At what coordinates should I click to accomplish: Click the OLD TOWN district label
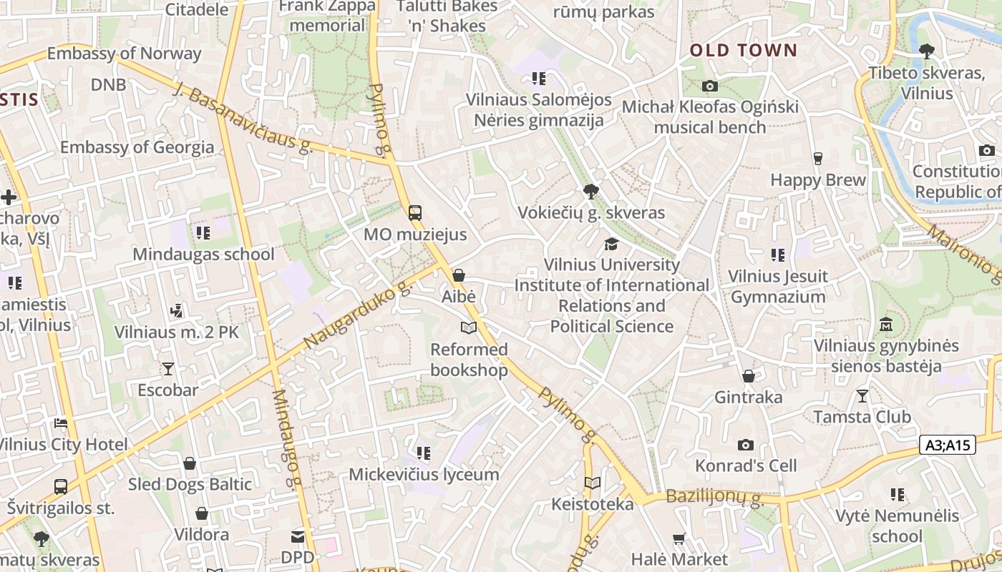click(743, 50)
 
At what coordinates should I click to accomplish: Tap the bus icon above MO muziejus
click(415, 212)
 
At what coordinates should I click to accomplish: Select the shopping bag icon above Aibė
click(459, 275)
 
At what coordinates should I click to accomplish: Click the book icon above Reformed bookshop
click(469, 328)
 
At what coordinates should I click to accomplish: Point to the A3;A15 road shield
click(947, 445)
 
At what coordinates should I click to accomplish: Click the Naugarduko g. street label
click(359, 315)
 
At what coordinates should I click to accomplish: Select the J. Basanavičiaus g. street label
click(243, 117)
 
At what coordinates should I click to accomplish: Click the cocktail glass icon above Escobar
click(168, 369)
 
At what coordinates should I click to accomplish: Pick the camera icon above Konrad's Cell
click(746, 445)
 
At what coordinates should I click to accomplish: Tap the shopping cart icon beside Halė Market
click(678, 538)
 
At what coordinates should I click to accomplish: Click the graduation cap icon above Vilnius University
click(611, 245)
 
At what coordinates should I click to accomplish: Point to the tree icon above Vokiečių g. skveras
click(591, 192)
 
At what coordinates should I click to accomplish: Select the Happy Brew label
click(818, 179)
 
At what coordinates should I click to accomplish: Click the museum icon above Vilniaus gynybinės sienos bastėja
click(886, 324)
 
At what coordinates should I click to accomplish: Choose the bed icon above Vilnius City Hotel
click(61, 423)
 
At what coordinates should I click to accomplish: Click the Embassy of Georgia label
click(137, 147)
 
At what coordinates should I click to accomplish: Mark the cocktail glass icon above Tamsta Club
click(862, 395)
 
